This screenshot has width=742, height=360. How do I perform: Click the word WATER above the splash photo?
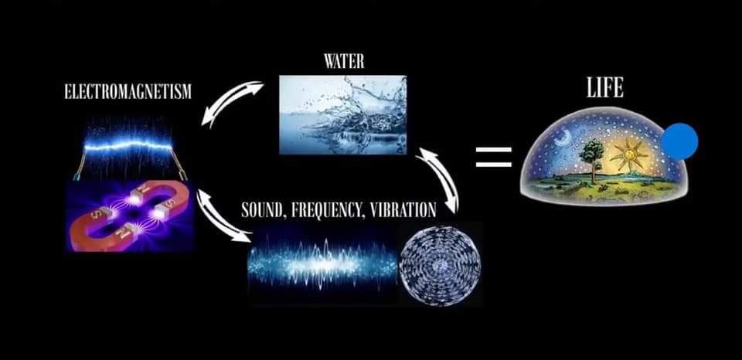(x=344, y=62)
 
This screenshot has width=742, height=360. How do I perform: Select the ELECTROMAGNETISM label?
(x=128, y=92)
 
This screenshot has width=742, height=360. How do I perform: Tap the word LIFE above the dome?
(x=604, y=87)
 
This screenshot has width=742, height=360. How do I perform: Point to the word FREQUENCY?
(x=324, y=209)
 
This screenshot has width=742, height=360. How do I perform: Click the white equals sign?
(x=494, y=157)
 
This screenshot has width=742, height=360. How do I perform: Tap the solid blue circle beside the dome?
(x=679, y=141)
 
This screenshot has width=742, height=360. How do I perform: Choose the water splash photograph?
(x=342, y=115)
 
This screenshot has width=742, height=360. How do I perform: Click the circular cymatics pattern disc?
(x=440, y=266)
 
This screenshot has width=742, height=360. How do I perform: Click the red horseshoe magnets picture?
(x=130, y=216)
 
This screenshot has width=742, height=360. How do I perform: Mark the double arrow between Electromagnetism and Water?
(x=233, y=102)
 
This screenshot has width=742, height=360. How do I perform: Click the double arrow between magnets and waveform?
(x=223, y=216)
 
